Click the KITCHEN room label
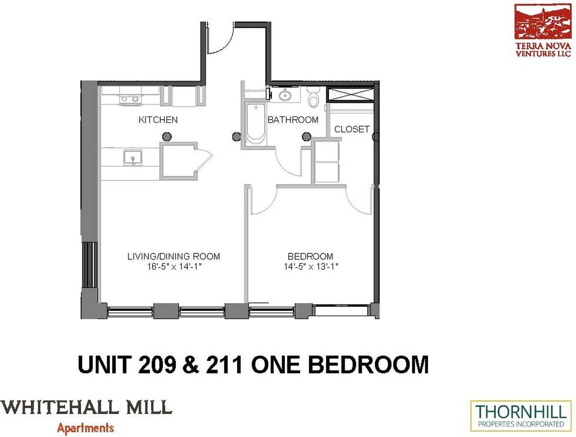pos(158,120)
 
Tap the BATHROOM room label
pos(293,120)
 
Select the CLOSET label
pos(352,129)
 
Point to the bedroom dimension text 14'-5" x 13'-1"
pos(311,267)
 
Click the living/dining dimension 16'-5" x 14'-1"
pos(174,267)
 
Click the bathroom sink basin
pos(285,95)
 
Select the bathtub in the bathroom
pos(255,123)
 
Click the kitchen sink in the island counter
pos(133,158)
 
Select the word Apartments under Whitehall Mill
pos(85,428)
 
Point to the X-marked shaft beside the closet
pos(350,95)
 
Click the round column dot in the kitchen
pos(167,136)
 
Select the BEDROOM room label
pos(310,256)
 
